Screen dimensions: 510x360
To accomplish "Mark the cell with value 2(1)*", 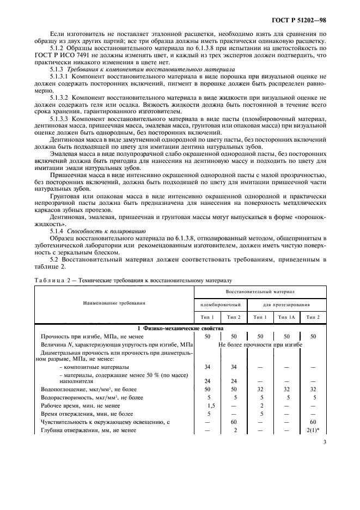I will click(x=313, y=430).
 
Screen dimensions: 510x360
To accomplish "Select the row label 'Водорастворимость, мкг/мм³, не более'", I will click(x=93, y=397).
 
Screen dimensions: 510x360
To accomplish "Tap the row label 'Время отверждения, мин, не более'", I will click(x=88, y=414).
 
